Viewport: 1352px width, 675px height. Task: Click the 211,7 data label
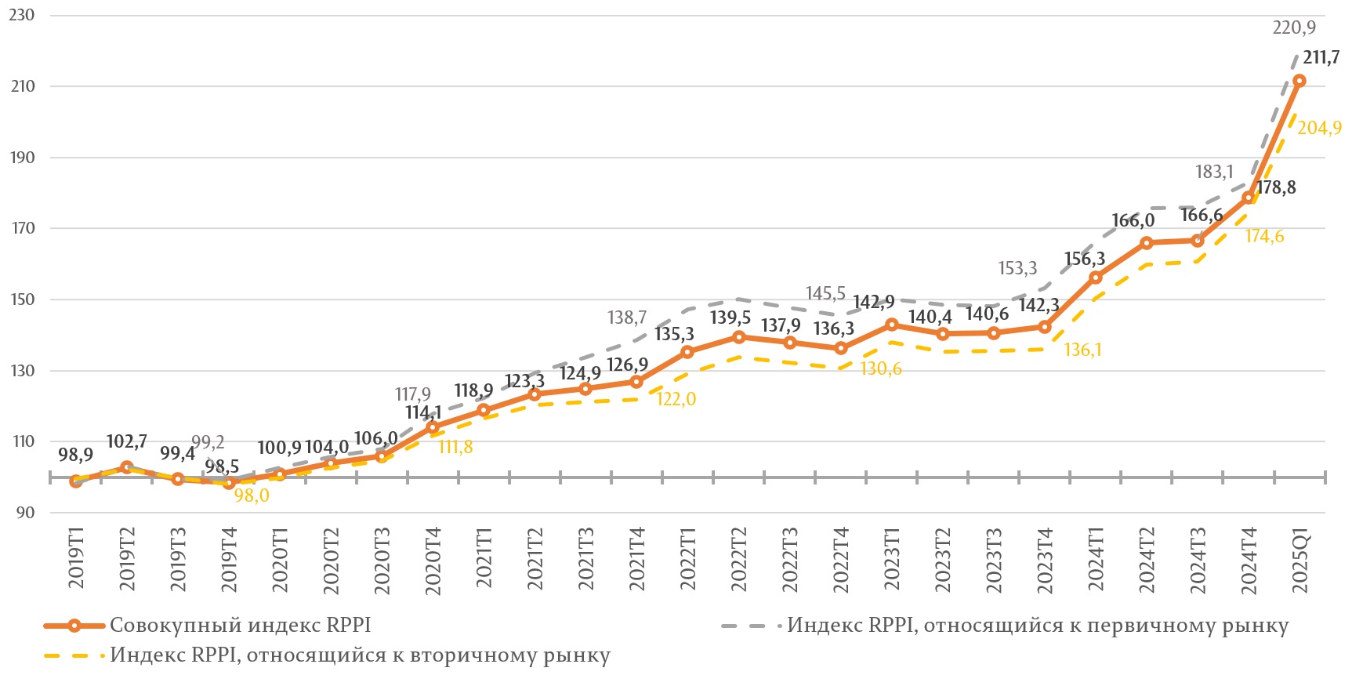[x=1321, y=58]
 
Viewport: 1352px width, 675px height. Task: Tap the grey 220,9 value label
[x=1294, y=28]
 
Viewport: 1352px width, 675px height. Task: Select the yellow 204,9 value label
[x=1319, y=128]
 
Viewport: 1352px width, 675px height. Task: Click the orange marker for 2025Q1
[x=1299, y=81]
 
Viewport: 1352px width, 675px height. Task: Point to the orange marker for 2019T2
[x=127, y=467]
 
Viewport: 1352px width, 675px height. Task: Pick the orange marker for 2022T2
[x=738, y=337]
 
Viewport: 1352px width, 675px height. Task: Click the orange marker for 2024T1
[x=1096, y=278]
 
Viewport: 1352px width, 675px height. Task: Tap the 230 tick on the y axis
[x=22, y=15]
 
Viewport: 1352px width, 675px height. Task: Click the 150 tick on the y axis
[x=22, y=299]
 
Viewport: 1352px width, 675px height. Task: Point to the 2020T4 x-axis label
[x=433, y=561]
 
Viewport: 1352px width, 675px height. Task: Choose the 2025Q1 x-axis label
[x=1299, y=561]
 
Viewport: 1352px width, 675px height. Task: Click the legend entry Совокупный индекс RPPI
[x=240, y=626]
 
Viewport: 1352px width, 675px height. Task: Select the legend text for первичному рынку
[x=1038, y=626]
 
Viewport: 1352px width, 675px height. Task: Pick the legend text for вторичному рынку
[x=360, y=655]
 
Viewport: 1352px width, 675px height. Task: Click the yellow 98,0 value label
[x=252, y=495]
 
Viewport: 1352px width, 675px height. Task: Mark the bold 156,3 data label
[x=1085, y=259]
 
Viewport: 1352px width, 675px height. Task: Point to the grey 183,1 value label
[x=1214, y=172]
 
